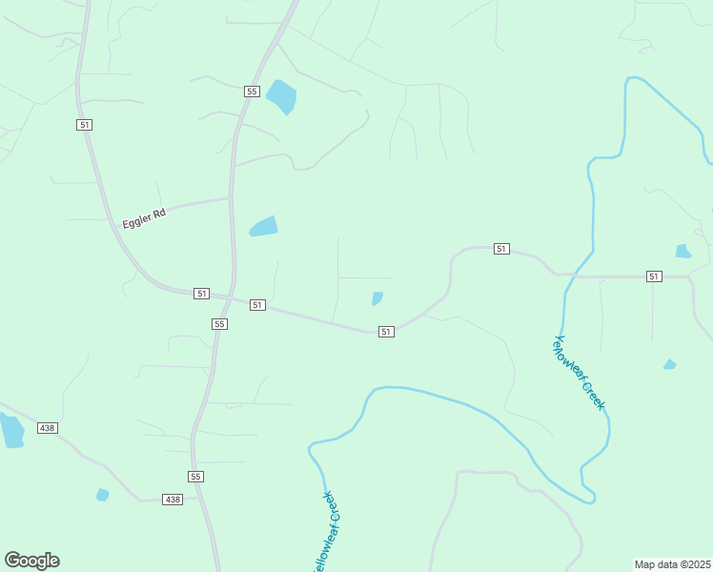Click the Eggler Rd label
(x=144, y=219)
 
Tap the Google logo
(x=31, y=561)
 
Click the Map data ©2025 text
(x=672, y=563)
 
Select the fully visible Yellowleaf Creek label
(x=580, y=373)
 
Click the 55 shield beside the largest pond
(x=252, y=92)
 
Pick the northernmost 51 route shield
(x=85, y=125)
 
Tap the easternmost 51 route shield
(x=653, y=276)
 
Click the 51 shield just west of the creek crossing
(x=501, y=249)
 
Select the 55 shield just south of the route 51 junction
(x=220, y=324)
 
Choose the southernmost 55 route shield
(x=196, y=476)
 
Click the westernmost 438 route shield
(x=47, y=428)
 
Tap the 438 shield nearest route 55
(x=172, y=500)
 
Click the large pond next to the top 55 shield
(x=281, y=96)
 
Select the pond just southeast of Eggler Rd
(x=264, y=226)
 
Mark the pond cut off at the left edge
(x=10, y=430)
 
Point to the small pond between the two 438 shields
(x=102, y=495)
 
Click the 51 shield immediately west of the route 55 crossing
(x=201, y=294)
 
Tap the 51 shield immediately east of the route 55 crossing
(x=257, y=304)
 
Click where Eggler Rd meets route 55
(x=231, y=197)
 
